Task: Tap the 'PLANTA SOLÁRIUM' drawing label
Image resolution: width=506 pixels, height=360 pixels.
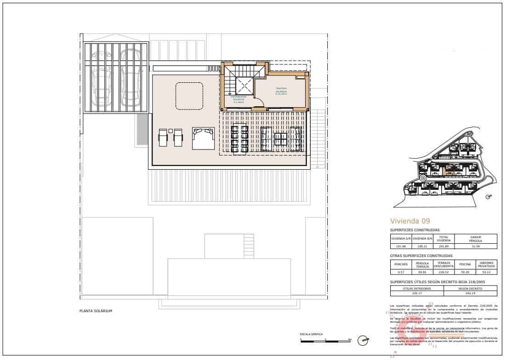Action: click(x=96, y=311)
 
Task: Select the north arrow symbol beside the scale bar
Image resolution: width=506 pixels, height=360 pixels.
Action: click(x=364, y=340)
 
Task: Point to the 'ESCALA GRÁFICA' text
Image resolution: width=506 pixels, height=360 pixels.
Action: click(x=311, y=334)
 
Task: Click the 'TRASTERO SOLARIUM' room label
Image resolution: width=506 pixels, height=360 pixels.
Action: click(x=281, y=90)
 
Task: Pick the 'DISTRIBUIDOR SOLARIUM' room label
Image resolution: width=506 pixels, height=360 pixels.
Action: click(x=239, y=98)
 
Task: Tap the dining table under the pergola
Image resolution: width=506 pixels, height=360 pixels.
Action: click(x=239, y=138)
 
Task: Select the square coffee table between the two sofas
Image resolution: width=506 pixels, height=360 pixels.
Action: click(x=281, y=138)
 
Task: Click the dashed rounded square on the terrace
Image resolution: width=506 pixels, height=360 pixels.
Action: click(x=189, y=96)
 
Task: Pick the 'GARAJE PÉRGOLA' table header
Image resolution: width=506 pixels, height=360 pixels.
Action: click(x=475, y=239)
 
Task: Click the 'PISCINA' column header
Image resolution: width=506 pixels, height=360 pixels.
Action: click(x=465, y=264)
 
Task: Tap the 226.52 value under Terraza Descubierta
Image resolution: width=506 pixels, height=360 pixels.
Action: click(x=443, y=272)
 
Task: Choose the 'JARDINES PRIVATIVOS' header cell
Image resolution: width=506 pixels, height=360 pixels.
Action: click(x=487, y=264)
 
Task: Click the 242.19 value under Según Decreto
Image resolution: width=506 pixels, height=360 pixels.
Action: click(x=470, y=293)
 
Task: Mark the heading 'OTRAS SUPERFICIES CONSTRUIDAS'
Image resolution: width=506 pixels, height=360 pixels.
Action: click(x=421, y=256)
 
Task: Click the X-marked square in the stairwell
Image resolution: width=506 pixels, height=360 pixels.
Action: click(x=244, y=86)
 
